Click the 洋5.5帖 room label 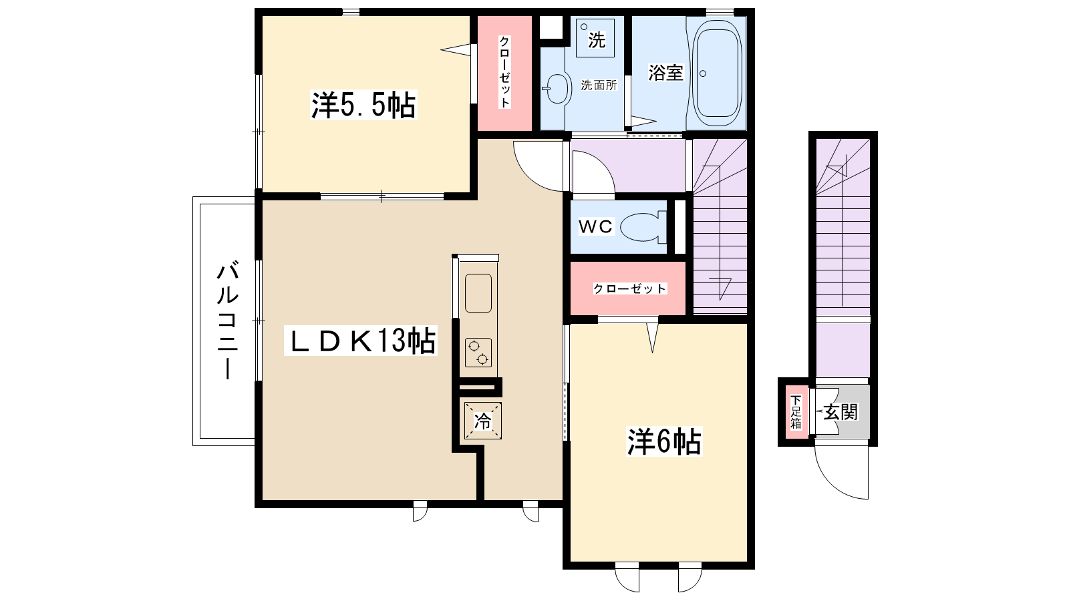pyautogui.click(x=363, y=104)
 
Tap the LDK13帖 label pyautogui.click(x=361, y=341)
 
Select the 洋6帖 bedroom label pyautogui.click(x=664, y=441)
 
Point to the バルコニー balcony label pyautogui.click(x=228, y=320)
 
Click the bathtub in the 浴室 pyautogui.click(x=718, y=73)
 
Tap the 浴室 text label pyautogui.click(x=665, y=73)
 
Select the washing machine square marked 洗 pyautogui.click(x=595, y=38)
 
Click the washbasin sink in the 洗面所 pyautogui.click(x=557, y=88)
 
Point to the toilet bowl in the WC pyautogui.click(x=643, y=227)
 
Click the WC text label pyautogui.click(x=595, y=226)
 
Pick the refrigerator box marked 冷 pyautogui.click(x=483, y=421)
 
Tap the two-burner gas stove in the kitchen pyautogui.click(x=478, y=353)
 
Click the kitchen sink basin pyautogui.click(x=478, y=293)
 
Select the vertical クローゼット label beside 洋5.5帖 pyautogui.click(x=504, y=72)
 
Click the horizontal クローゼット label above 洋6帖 pyautogui.click(x=629, y=288)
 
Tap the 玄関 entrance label pyautogui.click(x=841, y=412)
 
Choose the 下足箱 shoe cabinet pyautogui.click(x=796, y=412)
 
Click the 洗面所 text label pyautogui.click(x=599, y=85)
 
